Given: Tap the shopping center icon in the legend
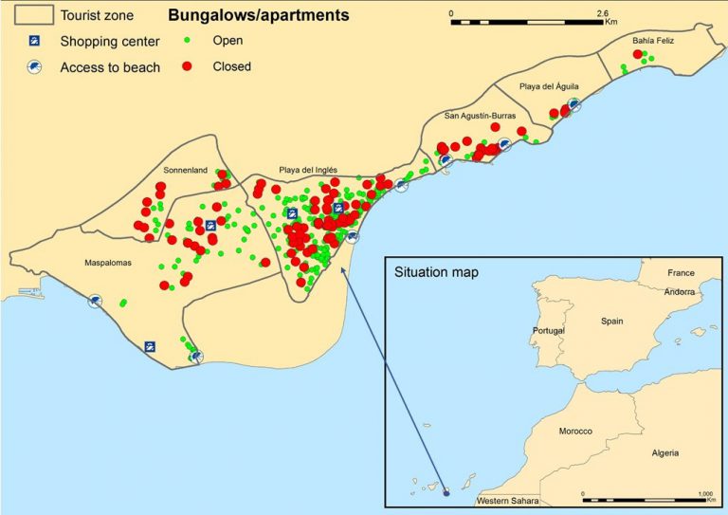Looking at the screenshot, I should pos(34,41).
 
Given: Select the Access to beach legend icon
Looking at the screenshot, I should pos(34,67).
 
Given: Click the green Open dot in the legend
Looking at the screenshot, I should pos(188,41).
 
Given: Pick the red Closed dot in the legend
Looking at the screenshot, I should pos(188,66).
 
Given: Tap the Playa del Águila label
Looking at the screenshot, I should pos(549,86).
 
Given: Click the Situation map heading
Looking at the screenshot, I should pos(436,272).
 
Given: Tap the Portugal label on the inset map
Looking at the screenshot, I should pos(548,330).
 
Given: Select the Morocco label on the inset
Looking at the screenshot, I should pos(575,432).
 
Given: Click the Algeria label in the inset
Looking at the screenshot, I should pos(664,452).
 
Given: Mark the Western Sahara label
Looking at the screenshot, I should pos(507,500).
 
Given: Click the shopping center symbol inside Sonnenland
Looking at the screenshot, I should pos(211,226).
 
